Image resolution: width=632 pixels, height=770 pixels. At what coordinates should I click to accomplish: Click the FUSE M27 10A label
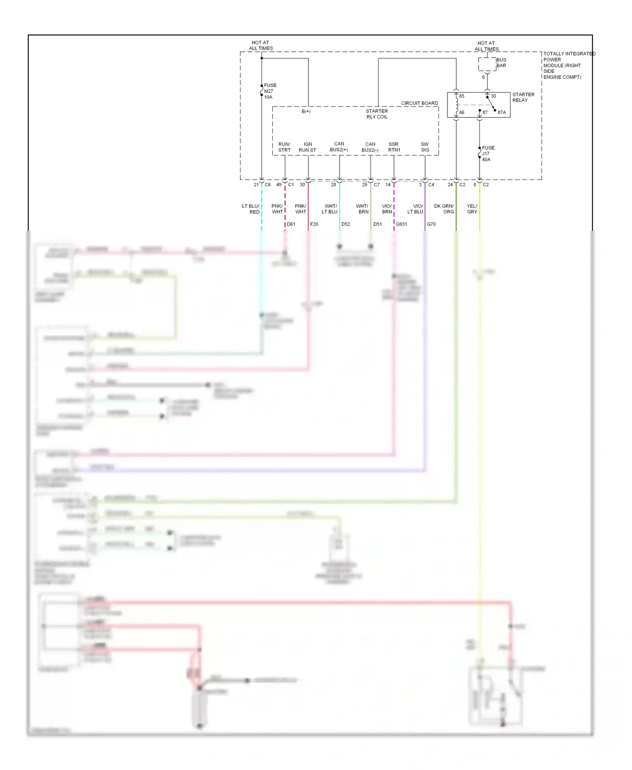click(270, 91)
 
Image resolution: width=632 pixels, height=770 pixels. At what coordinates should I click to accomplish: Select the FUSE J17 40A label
click(488, 154)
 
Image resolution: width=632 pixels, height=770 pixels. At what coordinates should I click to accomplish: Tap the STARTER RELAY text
click(523, 97)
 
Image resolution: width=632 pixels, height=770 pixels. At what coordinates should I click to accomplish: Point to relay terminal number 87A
click(501, 112)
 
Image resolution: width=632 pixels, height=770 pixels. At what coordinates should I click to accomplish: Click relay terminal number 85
click(462, 96)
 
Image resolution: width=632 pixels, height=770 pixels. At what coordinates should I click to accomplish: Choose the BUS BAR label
click(501, 63)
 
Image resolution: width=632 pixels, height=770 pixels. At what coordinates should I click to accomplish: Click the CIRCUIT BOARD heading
click(419, 103)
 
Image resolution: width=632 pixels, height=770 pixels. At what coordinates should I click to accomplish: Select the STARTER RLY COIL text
click(377, 114)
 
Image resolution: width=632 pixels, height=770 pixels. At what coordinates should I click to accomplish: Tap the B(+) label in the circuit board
click(306, 112)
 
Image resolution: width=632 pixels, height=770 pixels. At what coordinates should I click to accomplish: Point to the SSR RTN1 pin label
click(394, 147)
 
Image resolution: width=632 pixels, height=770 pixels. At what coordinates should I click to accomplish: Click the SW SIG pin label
click(425, 147)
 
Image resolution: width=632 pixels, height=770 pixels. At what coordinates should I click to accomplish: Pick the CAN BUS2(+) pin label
click(339, 147)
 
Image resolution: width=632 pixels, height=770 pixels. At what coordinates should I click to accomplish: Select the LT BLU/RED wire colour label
click(251, 209)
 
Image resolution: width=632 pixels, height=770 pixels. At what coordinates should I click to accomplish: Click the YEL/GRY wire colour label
click(472, 209)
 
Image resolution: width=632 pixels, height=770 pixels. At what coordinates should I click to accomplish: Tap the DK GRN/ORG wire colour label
click(444, 209)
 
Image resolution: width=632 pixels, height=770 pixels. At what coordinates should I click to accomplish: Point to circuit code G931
click(402, 225)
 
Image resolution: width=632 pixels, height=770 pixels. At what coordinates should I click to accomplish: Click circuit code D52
click(345, 225)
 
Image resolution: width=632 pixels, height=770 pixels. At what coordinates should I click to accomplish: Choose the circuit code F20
click(314, 225)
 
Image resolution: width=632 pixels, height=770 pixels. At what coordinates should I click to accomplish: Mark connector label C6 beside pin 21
click(268, 185)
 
